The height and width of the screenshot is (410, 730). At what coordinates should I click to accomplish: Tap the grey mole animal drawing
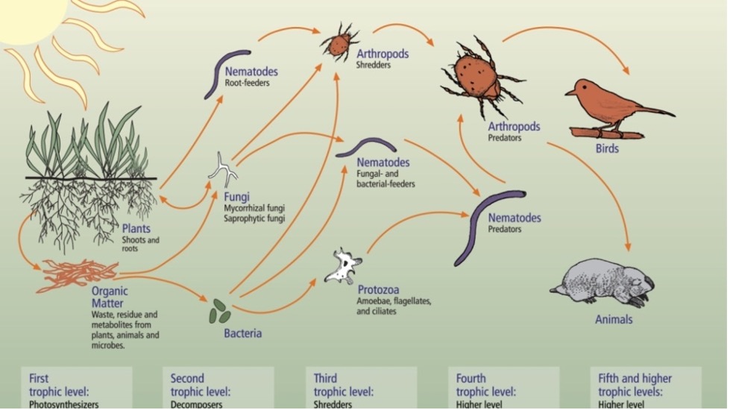click(603, 283)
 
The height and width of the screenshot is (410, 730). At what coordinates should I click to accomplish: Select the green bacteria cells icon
click(219, 311)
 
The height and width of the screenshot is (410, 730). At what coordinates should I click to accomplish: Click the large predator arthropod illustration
click(482, 78)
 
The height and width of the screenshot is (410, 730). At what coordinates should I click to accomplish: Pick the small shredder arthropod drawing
click(339, 42)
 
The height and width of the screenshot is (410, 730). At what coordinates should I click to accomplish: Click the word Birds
click(607, 149)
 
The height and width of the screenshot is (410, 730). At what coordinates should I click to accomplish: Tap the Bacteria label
click(242, 333)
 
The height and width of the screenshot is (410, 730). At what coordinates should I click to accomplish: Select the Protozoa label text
click(379, 290)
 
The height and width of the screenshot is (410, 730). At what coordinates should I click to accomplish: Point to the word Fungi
click(236, 197)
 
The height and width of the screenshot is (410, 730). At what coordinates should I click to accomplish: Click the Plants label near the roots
click(136, 229)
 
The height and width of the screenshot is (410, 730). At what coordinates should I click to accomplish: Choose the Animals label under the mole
click(614, 319)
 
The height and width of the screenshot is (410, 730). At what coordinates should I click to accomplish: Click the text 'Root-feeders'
click(248, 83)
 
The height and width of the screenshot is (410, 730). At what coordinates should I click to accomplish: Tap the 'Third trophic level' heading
click(344, 385)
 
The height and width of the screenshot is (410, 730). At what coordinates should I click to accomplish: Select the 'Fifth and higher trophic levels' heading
click(635, 385)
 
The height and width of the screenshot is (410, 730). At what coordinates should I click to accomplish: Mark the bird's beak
click(570, 93)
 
